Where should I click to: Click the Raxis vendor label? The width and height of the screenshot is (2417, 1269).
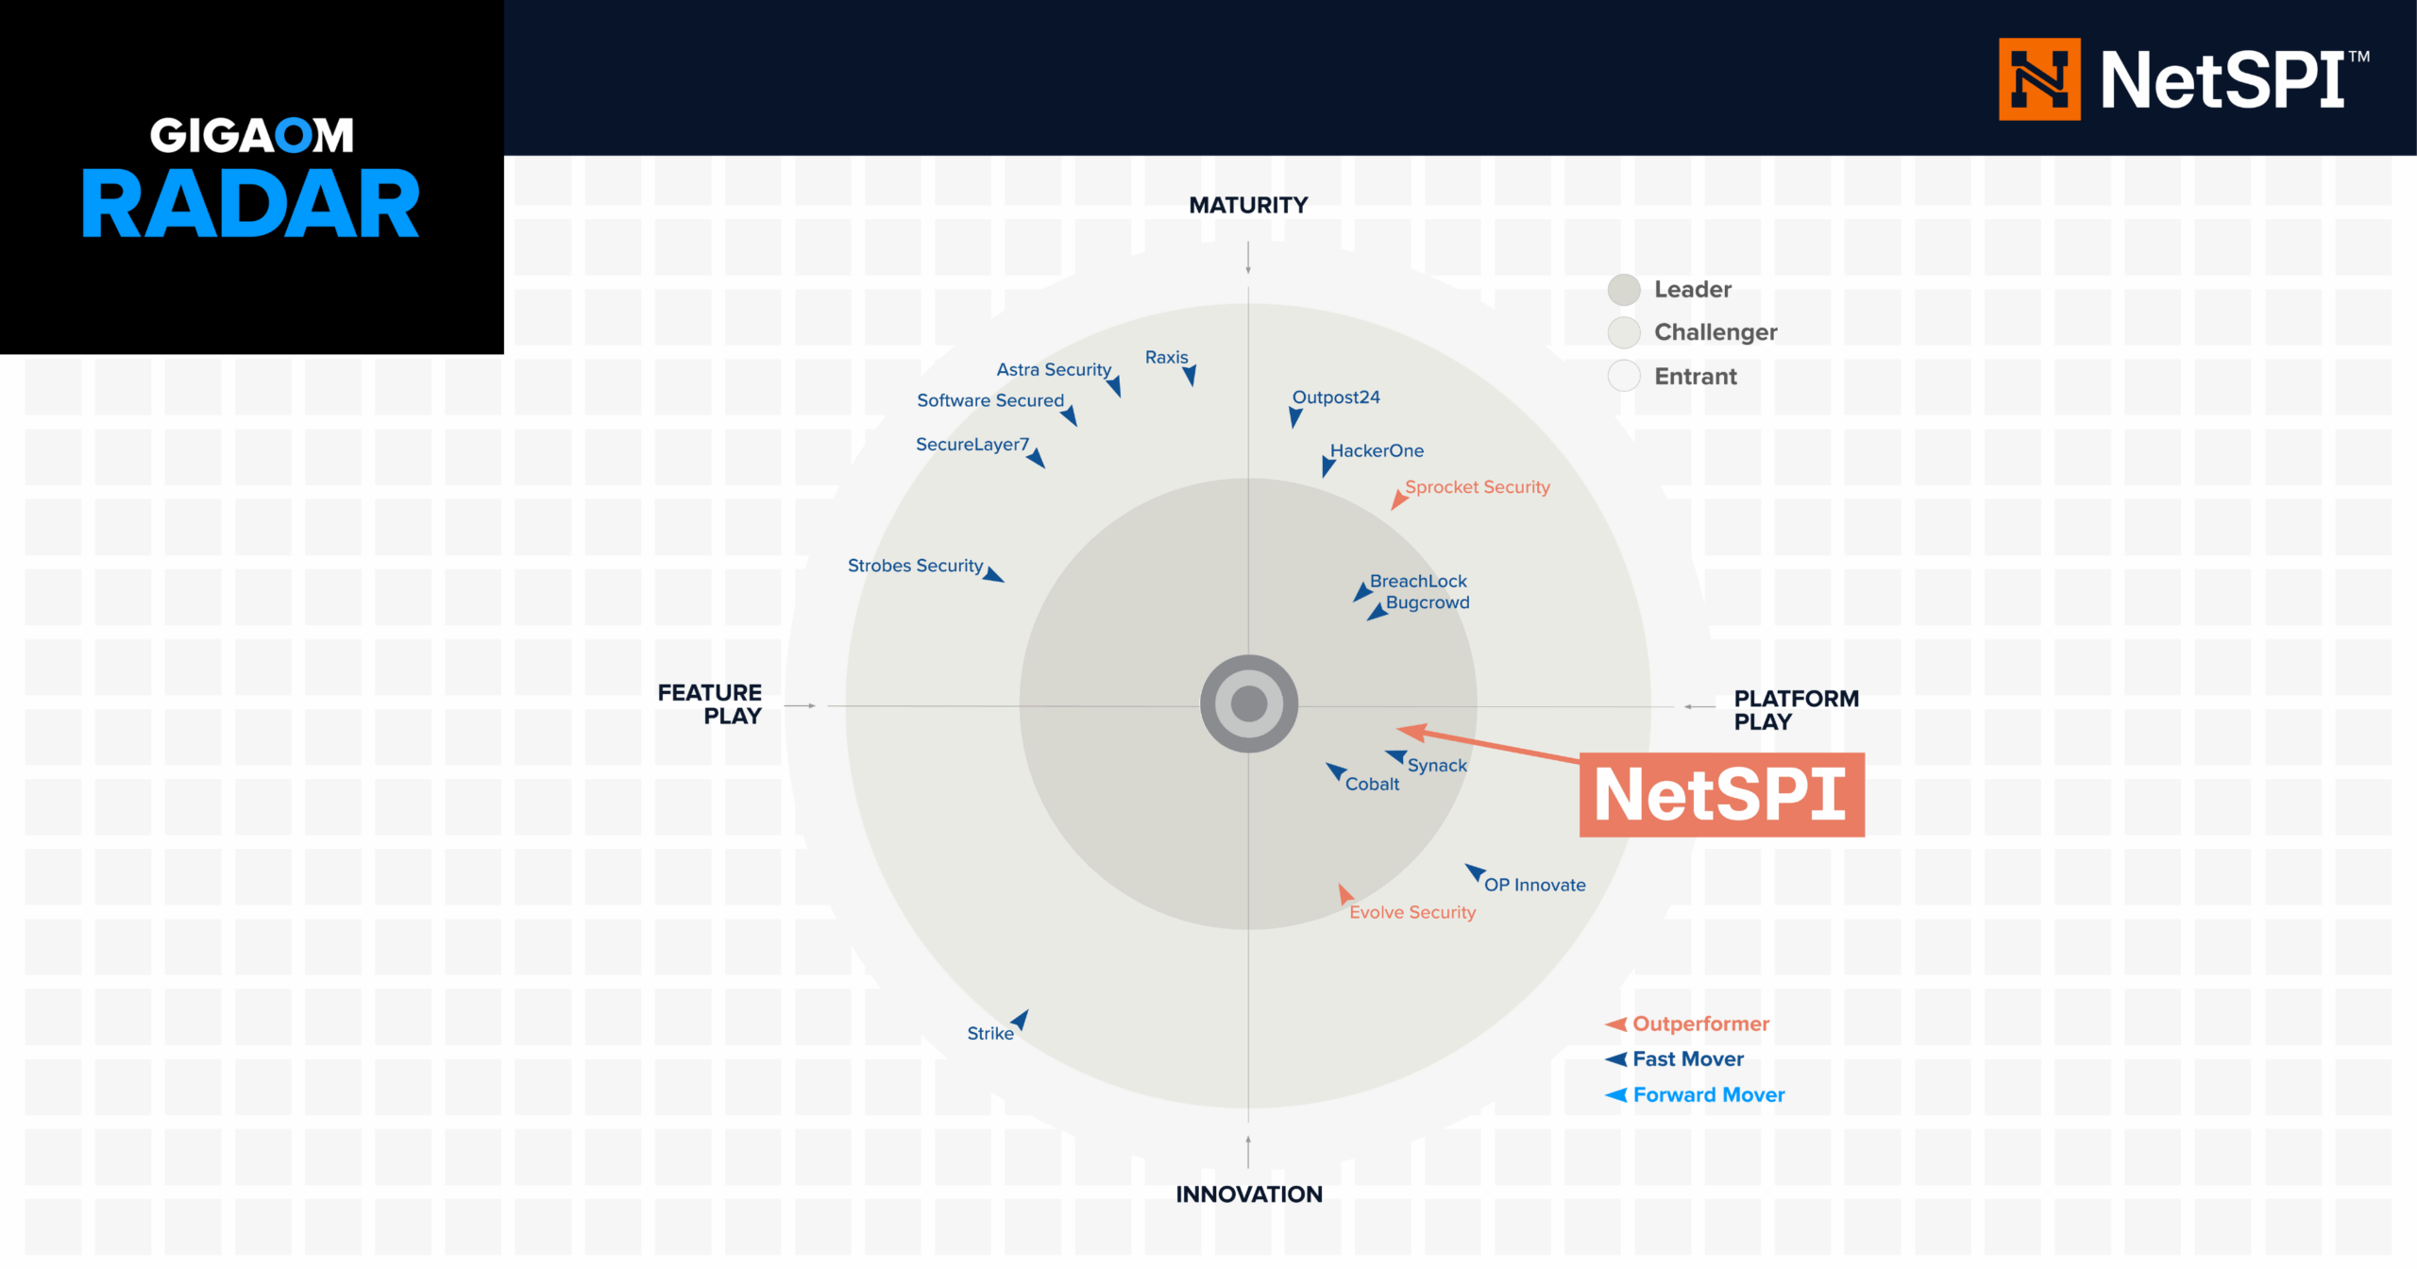[x=1166, y=357]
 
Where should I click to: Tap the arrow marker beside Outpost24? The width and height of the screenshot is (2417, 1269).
[x=1295, y=417]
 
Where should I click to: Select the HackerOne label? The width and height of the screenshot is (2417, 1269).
[x=1377, y=450]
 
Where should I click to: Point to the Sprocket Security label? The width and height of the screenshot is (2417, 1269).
[x=1478, y=487]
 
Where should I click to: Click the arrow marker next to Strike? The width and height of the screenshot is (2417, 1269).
[x=1021, y=1020]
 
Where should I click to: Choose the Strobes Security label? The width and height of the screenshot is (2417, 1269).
[x=915, y=566]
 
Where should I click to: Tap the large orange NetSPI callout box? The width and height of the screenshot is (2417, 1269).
[x=1721, y=794]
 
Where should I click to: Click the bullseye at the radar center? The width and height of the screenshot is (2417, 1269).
[x=1248, y=703]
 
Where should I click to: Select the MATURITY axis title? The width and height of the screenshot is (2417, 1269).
[x=1248, y=205]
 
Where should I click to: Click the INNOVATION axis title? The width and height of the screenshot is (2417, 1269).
[x=1248, y=1193]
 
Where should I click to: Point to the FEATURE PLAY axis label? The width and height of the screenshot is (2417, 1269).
[x=710, y=704]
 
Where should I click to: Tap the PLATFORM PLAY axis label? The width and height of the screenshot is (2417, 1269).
[x=1796, y=710]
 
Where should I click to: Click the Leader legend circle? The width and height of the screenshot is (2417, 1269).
[x=1624, y=290]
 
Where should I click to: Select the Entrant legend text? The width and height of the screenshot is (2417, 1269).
[x=1696, y=377]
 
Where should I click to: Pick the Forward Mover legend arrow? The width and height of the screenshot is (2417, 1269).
[x=1616, y=1095]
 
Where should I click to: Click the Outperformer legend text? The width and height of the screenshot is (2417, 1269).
[x=1701, y=1024]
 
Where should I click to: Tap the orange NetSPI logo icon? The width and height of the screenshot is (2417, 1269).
[x=2039, y=79]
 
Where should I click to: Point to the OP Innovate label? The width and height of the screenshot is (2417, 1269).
[x=1535, y=885]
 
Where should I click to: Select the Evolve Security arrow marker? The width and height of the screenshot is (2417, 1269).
[x=1345, y=893]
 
